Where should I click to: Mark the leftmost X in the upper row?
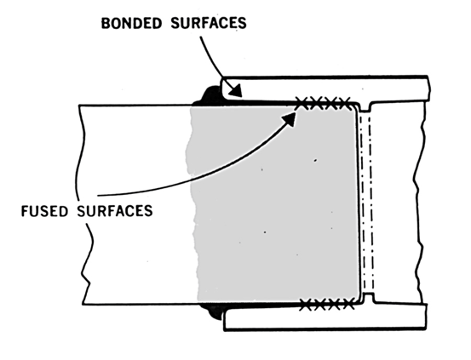point(302,103)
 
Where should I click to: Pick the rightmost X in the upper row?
point(344,103)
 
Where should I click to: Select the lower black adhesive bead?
point(212,315)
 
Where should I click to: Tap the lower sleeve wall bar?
point(341,319)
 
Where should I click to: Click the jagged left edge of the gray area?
point(192,204)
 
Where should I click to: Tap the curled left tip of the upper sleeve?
point(225,85)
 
